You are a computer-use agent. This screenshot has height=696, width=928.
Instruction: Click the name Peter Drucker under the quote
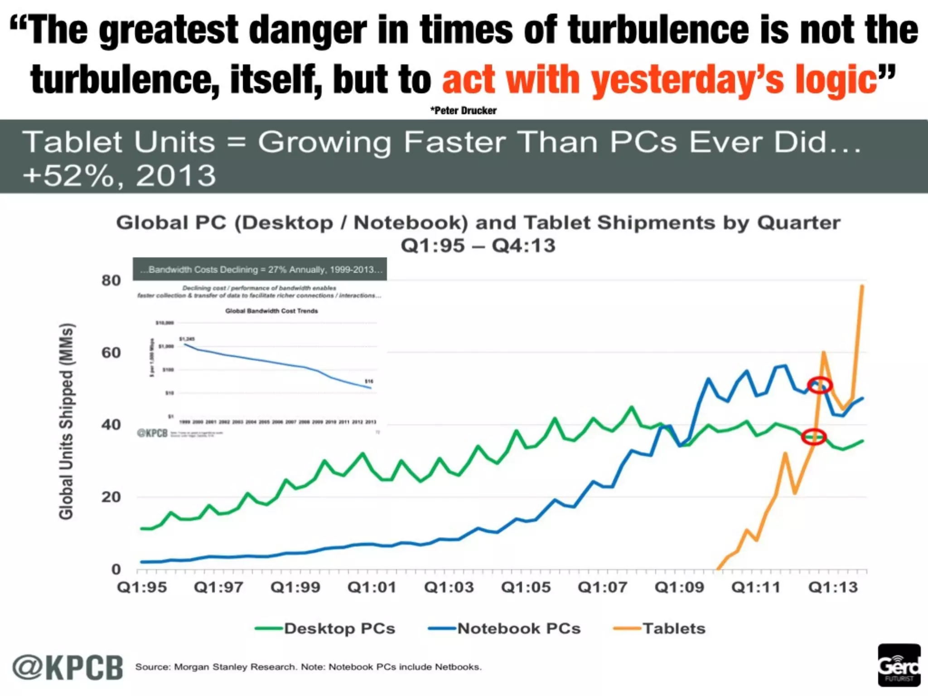click(464, 111)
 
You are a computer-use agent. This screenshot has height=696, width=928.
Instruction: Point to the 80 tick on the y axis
click(111, 281)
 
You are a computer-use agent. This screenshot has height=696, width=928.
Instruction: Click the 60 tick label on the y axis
click(111, 353)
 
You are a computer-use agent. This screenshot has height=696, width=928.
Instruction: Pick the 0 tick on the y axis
click(116, 569)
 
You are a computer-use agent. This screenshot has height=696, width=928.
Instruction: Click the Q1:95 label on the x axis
click(142, 588)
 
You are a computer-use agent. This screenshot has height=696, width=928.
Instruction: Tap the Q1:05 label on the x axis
click(526, 588)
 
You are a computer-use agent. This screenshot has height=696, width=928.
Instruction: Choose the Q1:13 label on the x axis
click(833, 588)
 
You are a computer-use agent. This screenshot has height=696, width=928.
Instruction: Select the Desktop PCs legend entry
click(325, 628)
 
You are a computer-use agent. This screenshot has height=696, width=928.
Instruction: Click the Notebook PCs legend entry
click(504, 628)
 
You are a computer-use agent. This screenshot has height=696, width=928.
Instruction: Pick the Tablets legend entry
click(660, 628)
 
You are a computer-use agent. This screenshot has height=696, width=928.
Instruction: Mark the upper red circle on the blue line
click(820, 385)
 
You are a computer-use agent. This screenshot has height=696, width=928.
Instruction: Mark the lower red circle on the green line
click(814, 437)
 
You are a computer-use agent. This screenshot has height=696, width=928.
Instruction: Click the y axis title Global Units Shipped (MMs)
click(66, 421)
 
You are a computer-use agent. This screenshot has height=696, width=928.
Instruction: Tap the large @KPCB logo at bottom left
click(68, 667)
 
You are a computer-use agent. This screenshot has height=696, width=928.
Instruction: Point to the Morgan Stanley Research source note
click(308, 667)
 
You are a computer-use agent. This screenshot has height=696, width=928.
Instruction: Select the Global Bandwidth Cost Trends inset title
click(271, 311)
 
